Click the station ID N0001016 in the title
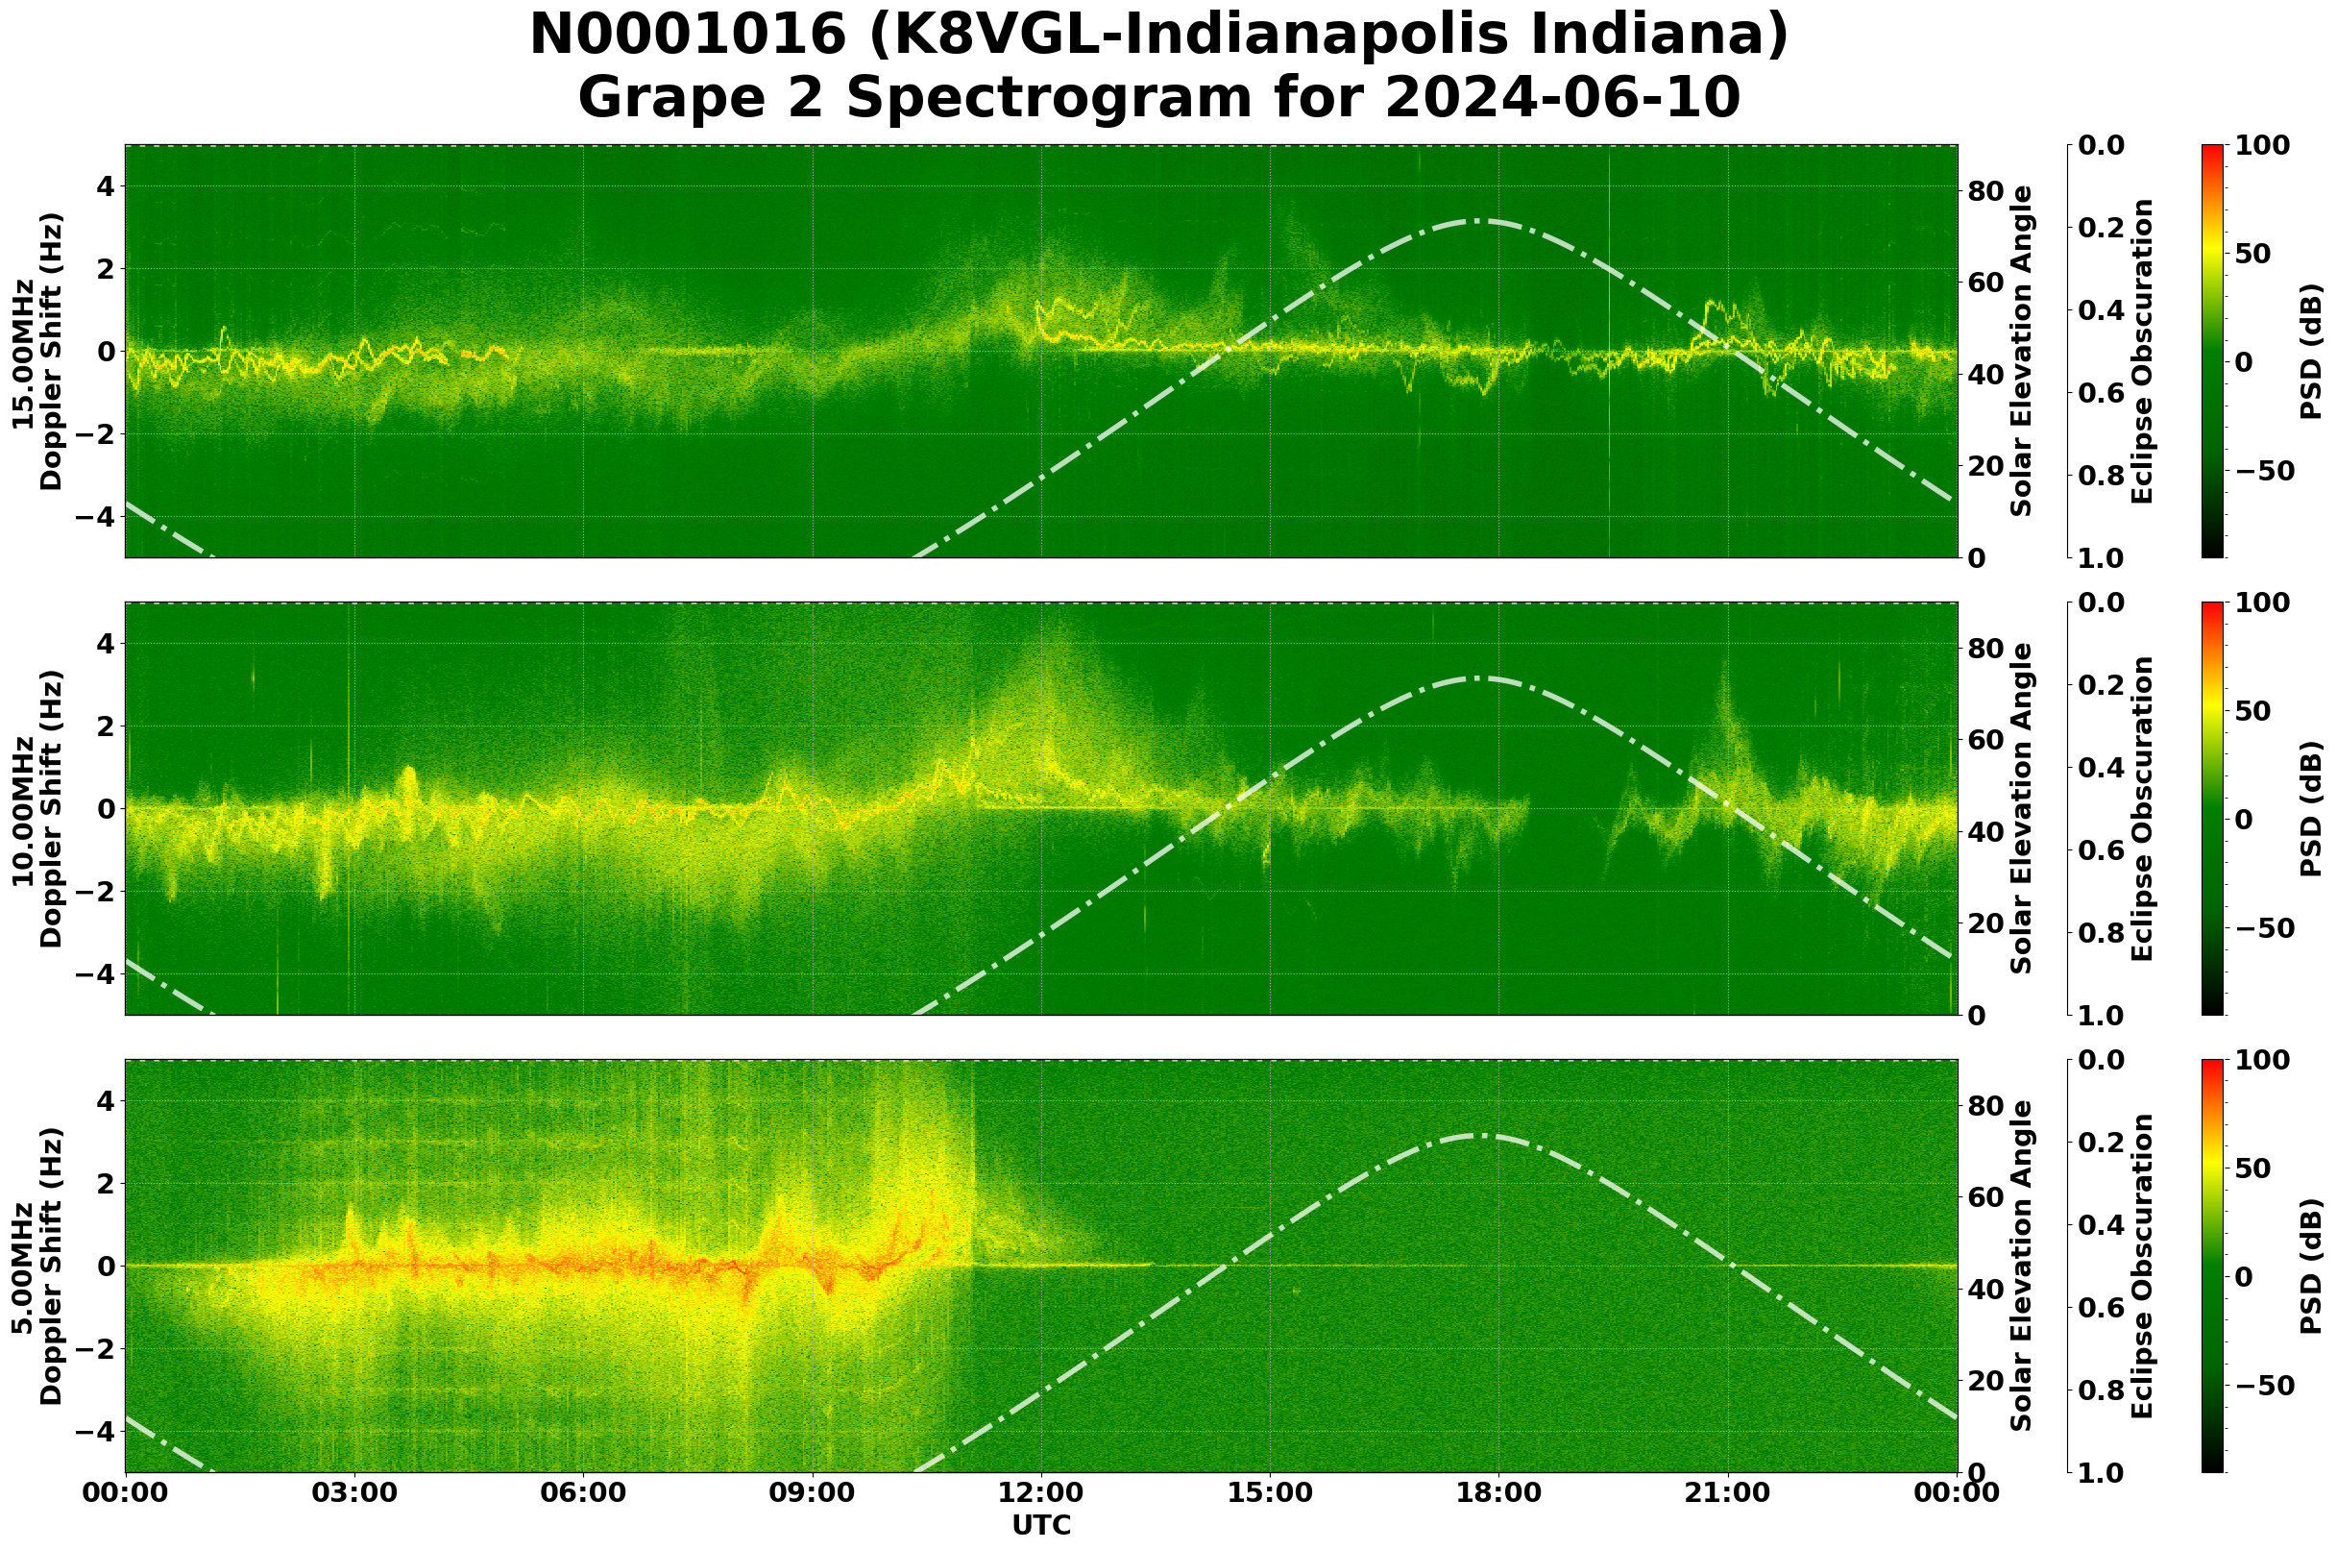point(688,36)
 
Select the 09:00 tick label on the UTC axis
point(813,1492)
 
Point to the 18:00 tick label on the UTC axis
point(1498,1492)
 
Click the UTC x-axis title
point(1040,1525)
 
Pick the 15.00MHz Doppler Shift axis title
point(37,351)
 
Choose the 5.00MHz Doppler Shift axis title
point(37,1267)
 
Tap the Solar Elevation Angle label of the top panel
point(2022,351)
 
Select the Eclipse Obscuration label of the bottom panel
point(2141,1267)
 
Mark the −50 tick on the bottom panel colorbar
point(2262,1386)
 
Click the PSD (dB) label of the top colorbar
point(2310,351)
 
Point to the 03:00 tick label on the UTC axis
point(353,1492)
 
